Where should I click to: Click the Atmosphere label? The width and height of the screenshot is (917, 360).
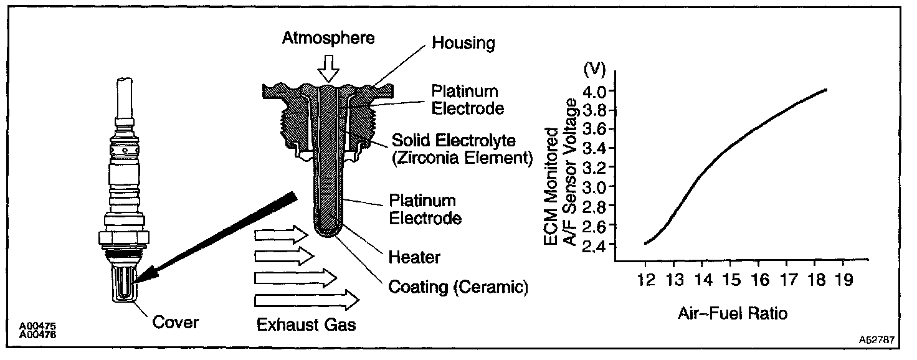point(328,38)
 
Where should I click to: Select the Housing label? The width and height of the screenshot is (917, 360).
point(463,43)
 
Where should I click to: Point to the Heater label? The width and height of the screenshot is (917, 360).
point(414,257)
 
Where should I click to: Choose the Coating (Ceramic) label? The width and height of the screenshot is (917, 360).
point(458,287)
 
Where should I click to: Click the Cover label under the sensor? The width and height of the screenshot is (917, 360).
point(176,322)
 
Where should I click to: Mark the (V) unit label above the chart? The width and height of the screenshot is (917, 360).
point(594,69)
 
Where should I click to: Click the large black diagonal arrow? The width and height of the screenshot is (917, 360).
point(218,237)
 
